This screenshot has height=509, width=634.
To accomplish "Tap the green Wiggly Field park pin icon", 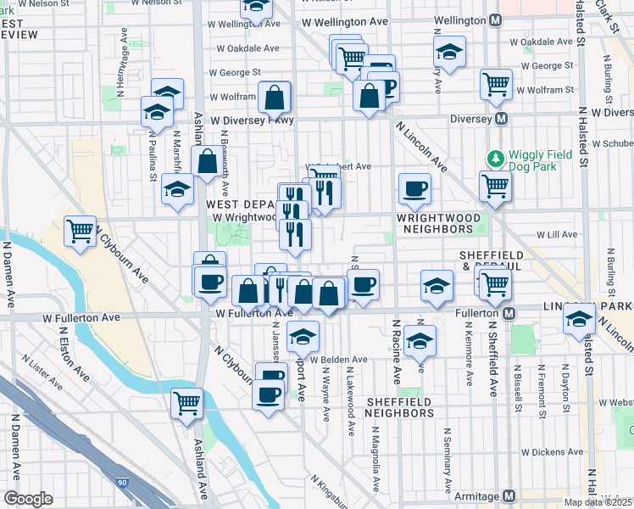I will pyautogui.click(x=495, y=158).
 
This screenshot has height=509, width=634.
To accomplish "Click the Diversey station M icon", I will pyautogui.click(x=502, y=119).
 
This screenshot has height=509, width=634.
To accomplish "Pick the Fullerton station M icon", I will pyautogui.click(x=509, y=314).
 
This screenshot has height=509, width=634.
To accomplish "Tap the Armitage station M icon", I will pyautogui.click(x=509, y=496).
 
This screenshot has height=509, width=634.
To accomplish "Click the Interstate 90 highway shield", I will pyautogui.click(x=123, y=483).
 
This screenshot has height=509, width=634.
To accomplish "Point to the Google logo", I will pyautogui.click(x=28, y=499).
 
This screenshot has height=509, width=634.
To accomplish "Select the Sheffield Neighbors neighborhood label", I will pyautogui.click(x=399, y=407).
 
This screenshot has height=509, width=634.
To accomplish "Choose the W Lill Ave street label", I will pyautogui.click(x=557, y=234).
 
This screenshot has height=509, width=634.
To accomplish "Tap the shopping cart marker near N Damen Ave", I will pyautogui.click(x=80, y=230).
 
